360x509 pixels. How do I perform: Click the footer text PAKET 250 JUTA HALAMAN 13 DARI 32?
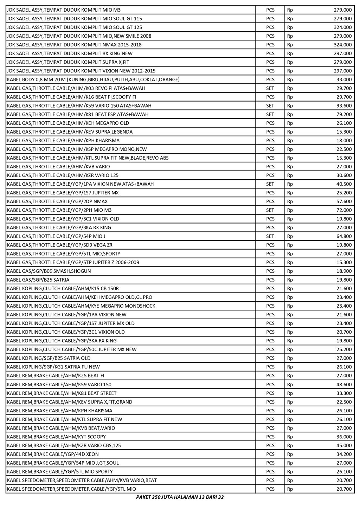pos(180,497)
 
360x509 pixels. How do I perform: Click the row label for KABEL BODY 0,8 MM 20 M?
pos(93,79)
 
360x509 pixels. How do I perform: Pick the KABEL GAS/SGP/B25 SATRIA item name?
pos(38,280)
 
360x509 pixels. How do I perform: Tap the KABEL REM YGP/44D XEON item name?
pos(53,454)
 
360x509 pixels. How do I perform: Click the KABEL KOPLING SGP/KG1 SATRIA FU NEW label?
pos(53,367)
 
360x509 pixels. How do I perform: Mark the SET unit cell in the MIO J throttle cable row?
pos(270,236)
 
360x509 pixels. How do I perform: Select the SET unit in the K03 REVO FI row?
pos(270,88)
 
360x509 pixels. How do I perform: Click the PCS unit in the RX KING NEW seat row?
pos(270,53)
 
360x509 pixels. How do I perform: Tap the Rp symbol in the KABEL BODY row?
pos(290,79)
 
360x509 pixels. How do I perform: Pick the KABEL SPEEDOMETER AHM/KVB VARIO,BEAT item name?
pos(82,480)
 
